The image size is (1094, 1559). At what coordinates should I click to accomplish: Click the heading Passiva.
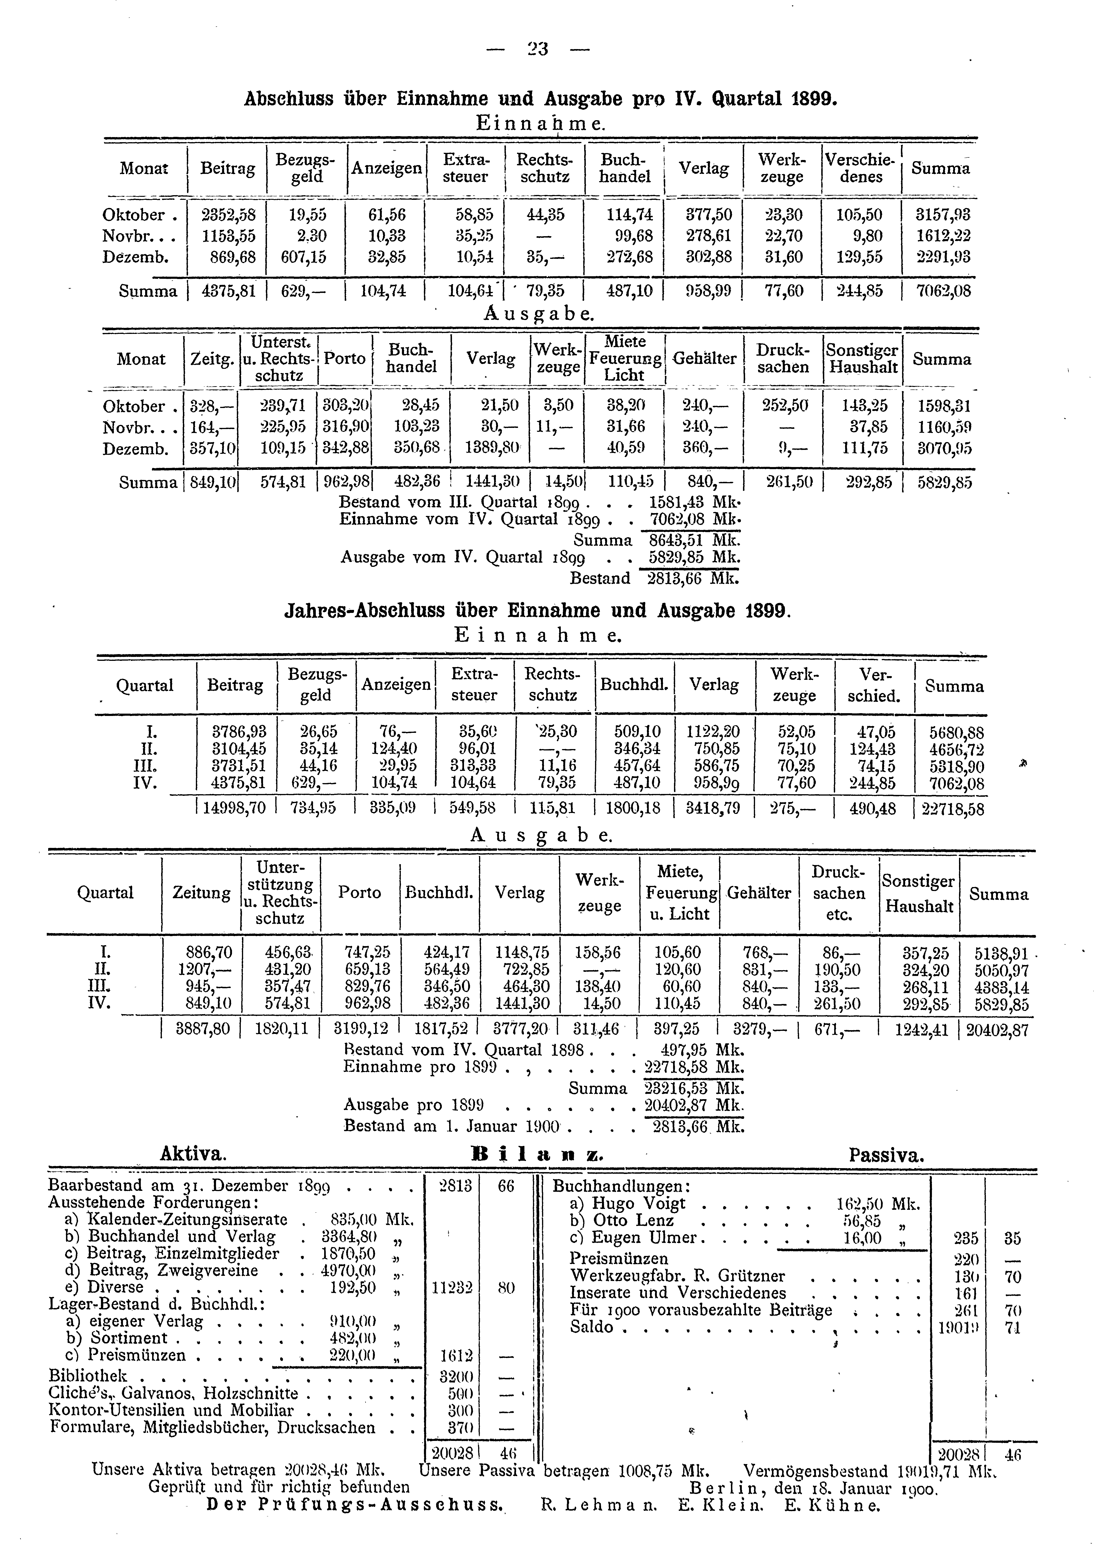(x=886, y=1154)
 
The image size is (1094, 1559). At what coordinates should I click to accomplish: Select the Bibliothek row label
(x=88, y=1376)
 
